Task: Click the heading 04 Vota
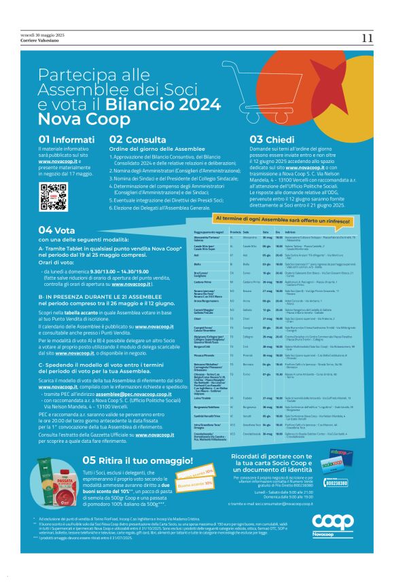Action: (x=55, y=230)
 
